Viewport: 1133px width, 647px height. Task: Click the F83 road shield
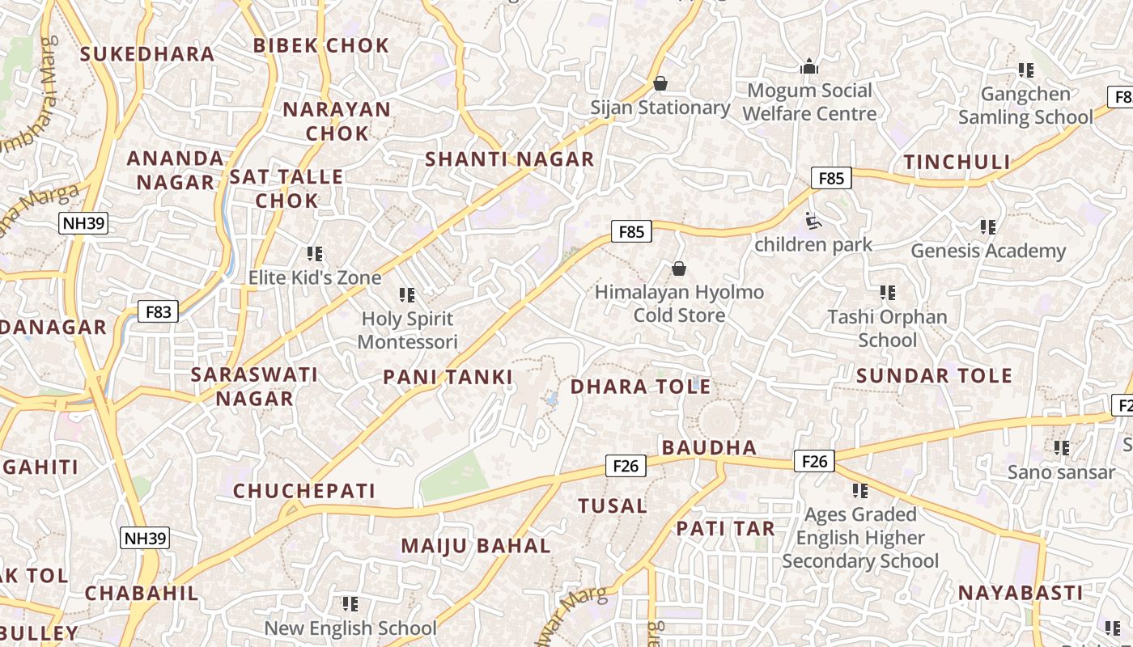[x=157, y=311]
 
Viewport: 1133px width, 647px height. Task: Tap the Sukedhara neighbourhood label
[x=147, y=54]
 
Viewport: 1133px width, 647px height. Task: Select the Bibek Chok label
[x=321, y=45]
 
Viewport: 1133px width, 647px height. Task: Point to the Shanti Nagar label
[x=510, y=159]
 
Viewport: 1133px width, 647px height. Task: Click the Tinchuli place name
[x=957, y=162]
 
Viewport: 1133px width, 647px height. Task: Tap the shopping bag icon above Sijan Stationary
[x=660, y=83]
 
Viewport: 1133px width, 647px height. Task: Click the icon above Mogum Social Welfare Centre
[x=808, y=66]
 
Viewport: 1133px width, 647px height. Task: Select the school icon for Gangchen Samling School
[x=1025, y=70]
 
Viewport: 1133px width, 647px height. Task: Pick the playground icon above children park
[x=813, y=220]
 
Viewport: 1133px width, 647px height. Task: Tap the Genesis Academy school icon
[x=987, y=226]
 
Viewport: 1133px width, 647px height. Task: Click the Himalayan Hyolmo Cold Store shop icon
[x=679, y=268]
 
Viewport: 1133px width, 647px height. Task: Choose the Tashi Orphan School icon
[x=887, y=292]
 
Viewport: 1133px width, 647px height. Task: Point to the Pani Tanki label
[x=448, y=377]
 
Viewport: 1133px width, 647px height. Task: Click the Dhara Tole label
[x=641, y=387]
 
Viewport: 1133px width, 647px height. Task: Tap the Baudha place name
[x=709, y=447]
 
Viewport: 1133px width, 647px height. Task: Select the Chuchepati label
[x=304, y=491]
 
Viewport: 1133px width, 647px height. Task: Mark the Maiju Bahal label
[x=476, y=546]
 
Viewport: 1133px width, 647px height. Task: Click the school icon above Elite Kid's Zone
[x=315, y=254]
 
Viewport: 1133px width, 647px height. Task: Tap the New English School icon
[x=350, y=604]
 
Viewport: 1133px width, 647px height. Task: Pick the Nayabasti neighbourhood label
[x=1020, y=593]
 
